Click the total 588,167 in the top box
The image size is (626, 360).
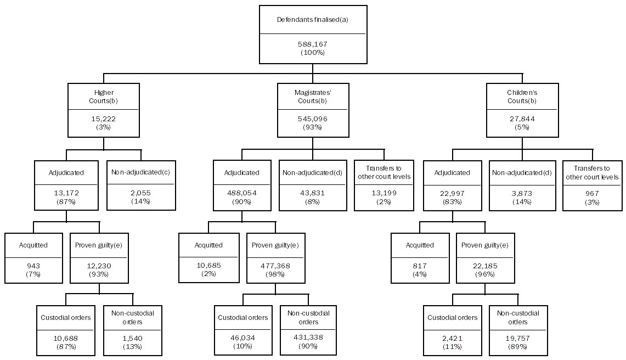(313, 44)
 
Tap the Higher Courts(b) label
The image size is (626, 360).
(104, 97)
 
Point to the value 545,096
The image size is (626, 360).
(313, 119)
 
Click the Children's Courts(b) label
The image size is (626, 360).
(522, 97)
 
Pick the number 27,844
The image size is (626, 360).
(522, 119)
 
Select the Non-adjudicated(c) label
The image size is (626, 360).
(141, 172)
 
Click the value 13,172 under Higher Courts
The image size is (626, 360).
(66, 193)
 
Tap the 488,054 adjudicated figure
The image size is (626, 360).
(241, 193)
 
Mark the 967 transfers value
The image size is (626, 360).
(593, 193)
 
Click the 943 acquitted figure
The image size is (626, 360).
(33, 266)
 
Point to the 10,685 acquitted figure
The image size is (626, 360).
(208, 266)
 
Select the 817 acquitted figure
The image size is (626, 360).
(420, 266)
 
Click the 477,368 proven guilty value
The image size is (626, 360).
(274, 266)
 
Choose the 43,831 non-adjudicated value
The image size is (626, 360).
(313, 193)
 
